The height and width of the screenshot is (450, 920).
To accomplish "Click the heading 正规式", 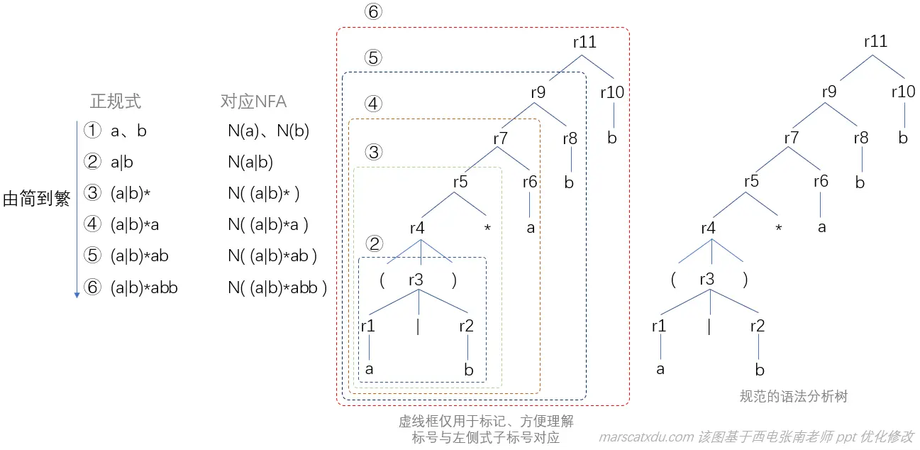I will coord(116,101).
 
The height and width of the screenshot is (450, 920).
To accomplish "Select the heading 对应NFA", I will coord(253,101).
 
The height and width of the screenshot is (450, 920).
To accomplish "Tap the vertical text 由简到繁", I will coord(36,199).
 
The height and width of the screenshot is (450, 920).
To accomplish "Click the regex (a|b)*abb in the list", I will coord(144,287).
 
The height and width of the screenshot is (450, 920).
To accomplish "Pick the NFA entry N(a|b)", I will coord(250,162).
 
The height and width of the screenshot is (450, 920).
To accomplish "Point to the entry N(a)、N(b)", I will coord(268,131).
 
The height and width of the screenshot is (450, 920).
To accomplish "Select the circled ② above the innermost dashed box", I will coord(374,243).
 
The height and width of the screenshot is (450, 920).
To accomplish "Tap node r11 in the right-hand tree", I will coord(875,42).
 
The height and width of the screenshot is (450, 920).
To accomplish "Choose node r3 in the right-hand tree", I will coord(707,279).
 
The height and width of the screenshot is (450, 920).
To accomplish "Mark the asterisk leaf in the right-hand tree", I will coord(779,229).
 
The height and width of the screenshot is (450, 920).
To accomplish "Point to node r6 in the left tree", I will coord(530,182).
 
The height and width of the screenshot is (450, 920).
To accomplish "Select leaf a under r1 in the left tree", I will coord(370,369).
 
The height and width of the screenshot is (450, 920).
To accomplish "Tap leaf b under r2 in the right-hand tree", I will coord(759,369).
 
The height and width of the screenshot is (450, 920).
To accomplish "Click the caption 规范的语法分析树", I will coord(793,397).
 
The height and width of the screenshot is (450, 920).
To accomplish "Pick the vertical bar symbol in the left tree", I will coord(418,326).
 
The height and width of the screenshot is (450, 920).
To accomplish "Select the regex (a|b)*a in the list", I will coord(134,224).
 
